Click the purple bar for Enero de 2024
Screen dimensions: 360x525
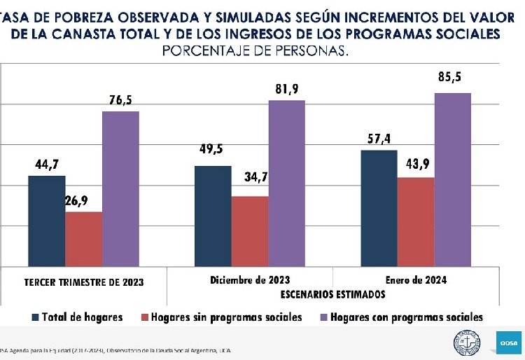coord(452,179)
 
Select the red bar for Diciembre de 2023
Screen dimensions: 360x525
coord(249,231)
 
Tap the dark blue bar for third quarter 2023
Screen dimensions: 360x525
coord(46,221)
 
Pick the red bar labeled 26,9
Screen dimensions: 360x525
coord(83,239)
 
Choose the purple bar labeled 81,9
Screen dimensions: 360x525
coord(286,184)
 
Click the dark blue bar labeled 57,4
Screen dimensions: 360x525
coord(379,208)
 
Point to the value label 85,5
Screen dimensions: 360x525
coord(449,77)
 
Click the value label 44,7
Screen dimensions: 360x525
coord(47,165)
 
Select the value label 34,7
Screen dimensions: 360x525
coord(256,177)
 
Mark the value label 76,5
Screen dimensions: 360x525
coord(120,100)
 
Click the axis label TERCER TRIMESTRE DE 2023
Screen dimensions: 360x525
coord(84,282)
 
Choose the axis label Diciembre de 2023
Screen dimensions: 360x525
coord(250,279)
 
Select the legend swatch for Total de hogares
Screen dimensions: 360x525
coord(35,317)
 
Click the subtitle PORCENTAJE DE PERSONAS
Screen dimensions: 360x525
coord(255,51)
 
